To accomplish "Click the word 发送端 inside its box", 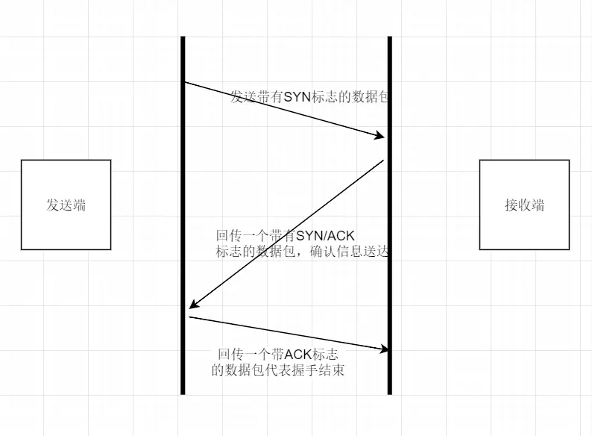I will [x=66, y=205].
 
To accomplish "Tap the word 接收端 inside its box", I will [x=524, y=205].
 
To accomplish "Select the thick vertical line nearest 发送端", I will [x=183, y=224].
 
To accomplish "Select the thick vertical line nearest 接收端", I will [x=390, y=224].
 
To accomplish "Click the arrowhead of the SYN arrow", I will [x=381, y=137].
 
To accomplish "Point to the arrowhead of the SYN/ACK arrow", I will [x=192, y=306].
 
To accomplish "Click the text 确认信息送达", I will [x=359, y=252].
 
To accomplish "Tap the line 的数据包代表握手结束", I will [x=278, y=370].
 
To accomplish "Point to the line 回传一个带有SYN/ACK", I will [x=286, y=236].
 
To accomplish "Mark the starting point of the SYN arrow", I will [x=185, y=82].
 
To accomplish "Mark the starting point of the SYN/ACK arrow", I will [x=383, y=160].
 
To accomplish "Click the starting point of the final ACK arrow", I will [x=189, y=317].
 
